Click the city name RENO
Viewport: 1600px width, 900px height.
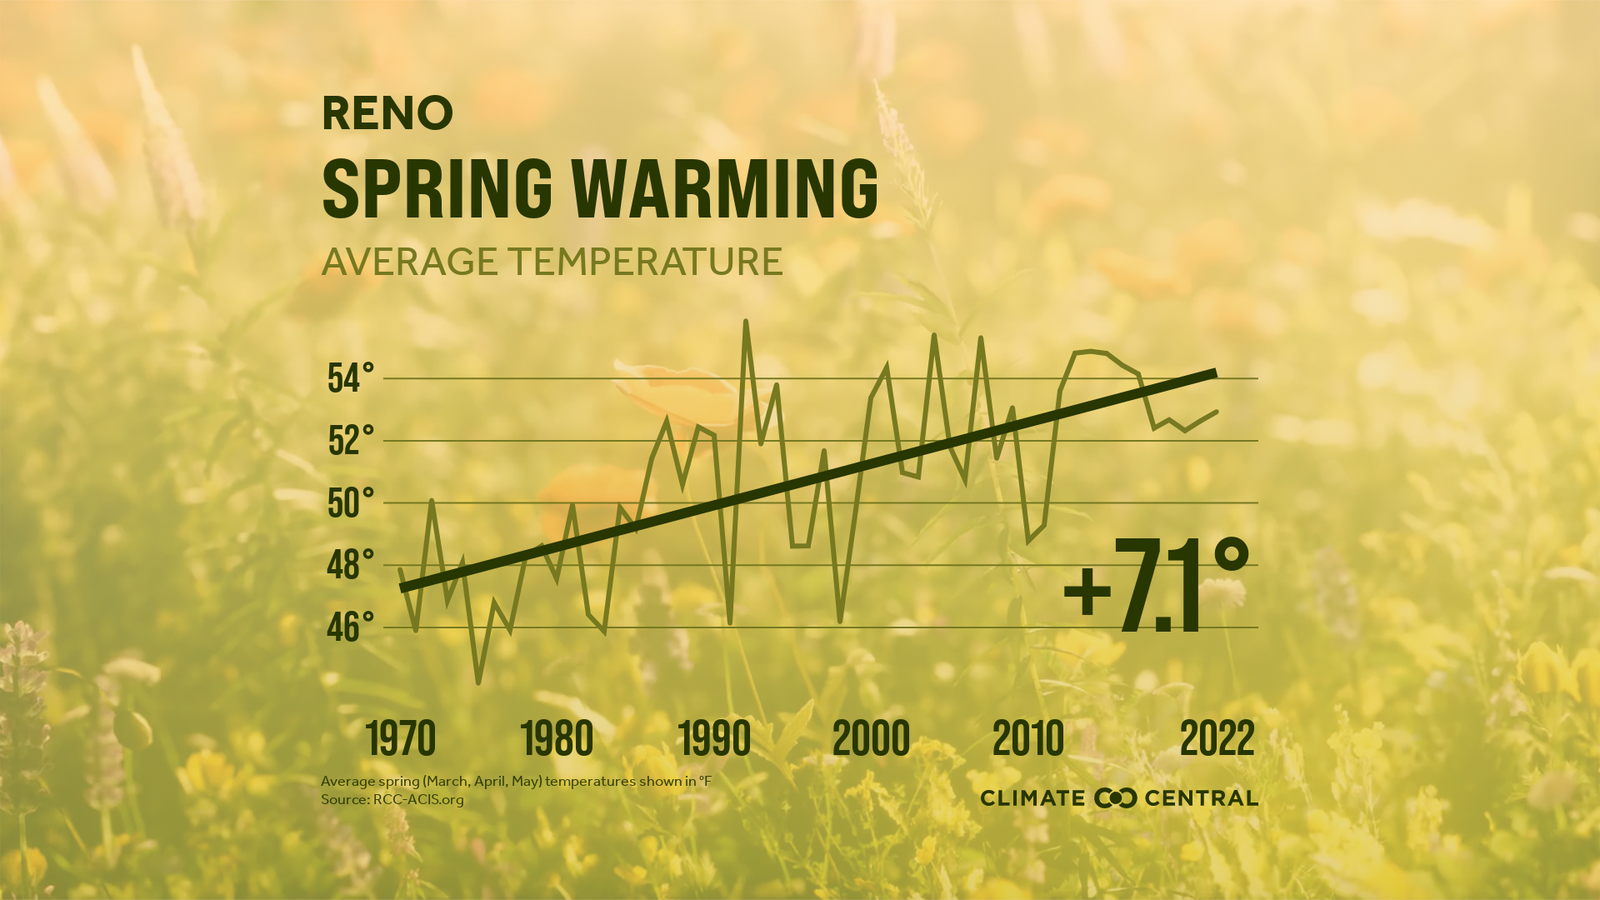pyautogui.click(x=387, y=113)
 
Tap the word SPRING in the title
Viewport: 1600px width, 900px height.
pyautogui.click(x=437, y=187)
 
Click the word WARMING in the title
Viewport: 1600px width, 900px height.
pyautogui.click(x=725, y=187)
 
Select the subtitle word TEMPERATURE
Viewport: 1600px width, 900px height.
pyautogui.click(x=646, y=262)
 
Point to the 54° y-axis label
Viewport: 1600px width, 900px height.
pyautogui.click(x=351, y=378)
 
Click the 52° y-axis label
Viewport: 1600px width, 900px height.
pyautogui.click(x=351, y=441)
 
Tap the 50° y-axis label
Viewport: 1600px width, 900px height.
pyautogui.click(x=351, y=503)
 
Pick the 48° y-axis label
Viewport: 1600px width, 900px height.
pyautogui.click(x=351, y=566)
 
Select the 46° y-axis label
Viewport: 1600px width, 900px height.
pyautogui.click(x=351, y=627)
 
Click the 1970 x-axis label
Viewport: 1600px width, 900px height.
pyautogui.click(x=401, y=738)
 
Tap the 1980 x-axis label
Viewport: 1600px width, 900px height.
pyautogui.click(x=557, y=738)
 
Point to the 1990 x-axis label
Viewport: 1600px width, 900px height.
pyautogui.click(x=714, y=738)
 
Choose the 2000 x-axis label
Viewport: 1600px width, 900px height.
pyautogui.click(x=871, y=738)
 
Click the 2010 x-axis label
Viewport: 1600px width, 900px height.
pyautogui.click(x=1028, y=738)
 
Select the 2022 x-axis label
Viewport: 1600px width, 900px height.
pyautogui.click(x=1217, y=738)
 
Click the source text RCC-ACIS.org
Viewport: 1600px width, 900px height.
pyautogui.click(x=418, y=800)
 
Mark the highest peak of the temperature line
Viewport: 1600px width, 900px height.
pyautogui.click(x=745, y=321)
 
